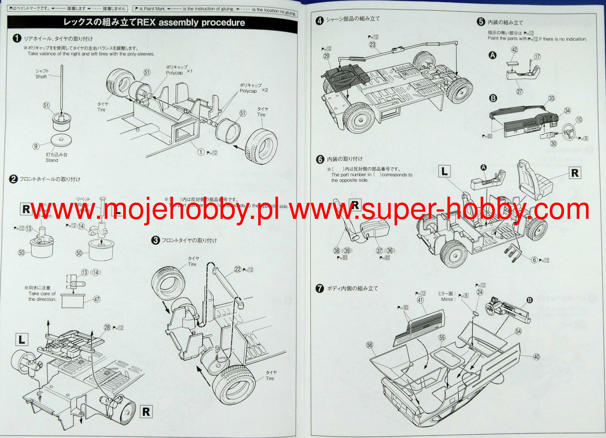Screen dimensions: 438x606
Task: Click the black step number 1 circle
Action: coord(17,38)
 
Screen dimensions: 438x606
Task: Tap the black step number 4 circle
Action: coord(319,21)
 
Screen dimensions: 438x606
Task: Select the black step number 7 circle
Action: coord(320,288)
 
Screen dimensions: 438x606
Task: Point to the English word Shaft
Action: coord(41,77)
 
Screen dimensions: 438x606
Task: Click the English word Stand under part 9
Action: coord(52,160)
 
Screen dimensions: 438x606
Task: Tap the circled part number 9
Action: coord(36,146)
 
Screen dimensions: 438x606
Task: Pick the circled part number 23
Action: coord(372,45)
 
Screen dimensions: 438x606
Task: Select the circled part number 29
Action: coord(326,56)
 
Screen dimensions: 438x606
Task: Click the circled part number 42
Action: coord(514,50)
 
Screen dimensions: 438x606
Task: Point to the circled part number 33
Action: coord(552,98)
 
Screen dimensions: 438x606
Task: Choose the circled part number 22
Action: coord(238,269)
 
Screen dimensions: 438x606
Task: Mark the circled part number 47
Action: coord(97,299)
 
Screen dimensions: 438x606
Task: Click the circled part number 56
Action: coord(370,345)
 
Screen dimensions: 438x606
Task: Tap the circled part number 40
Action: coord(536,357)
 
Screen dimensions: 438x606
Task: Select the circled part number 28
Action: coord(107,327)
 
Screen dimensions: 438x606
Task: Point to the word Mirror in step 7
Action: coord(447,299)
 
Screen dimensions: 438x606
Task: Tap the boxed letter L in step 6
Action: coord(444,172)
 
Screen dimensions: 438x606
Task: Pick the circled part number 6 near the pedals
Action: coord(534,260)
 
